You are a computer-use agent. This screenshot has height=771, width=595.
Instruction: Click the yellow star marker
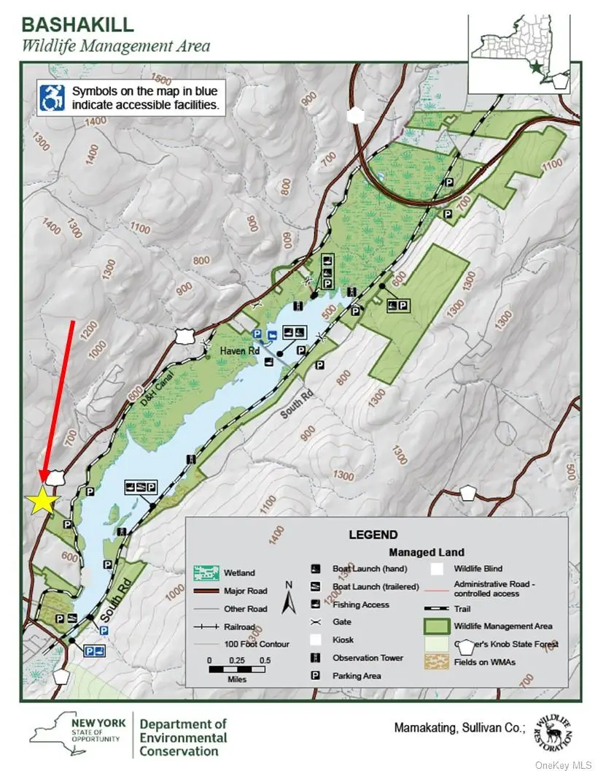coord(42,502)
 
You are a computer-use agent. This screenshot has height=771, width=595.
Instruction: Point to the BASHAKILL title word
coord(78,24)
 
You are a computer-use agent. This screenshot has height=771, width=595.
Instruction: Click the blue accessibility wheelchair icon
coord(53,99)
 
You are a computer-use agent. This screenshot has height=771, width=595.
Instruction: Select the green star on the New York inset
coord(537,67)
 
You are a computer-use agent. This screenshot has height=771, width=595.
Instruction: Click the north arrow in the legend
coord(289,599)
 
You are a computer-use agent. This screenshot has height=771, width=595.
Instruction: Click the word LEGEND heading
coord(373,534)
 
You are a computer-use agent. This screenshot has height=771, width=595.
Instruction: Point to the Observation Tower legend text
coord(367,658)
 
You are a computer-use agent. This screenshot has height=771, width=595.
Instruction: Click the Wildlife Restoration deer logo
coord(552,731)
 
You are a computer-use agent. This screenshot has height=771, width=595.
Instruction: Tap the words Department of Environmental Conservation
coord(183,737)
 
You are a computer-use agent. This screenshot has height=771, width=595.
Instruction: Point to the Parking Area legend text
coord(357,676)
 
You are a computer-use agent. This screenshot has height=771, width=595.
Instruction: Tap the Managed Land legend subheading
coord(426,552)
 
